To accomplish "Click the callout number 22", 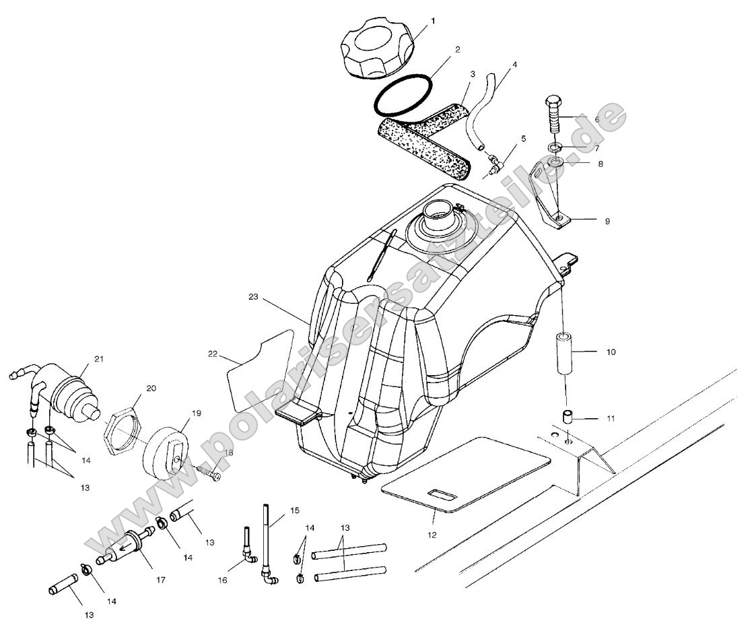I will [213, 354].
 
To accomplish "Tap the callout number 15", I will [294, 511].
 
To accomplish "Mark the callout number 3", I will [473, 72].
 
